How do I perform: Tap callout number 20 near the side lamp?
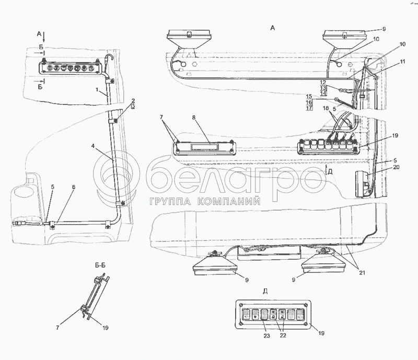pos(396,167)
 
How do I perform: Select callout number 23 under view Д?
pos(267,335)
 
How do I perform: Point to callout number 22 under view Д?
pos(283,335)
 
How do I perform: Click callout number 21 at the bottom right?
pos(362,273)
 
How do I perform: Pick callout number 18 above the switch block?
pos(326,108)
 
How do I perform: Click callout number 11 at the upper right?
pos(402,62)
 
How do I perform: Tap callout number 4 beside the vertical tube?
pos(93,146)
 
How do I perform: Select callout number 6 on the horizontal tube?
pos(74,187)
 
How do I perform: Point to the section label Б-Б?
pos(100,265)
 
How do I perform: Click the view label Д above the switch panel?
pos(265,291)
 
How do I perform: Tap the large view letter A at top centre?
pos(272,28)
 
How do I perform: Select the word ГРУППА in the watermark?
pos(170,201)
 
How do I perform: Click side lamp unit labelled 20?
pos(363,184)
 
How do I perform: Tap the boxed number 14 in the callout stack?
pos(323,94)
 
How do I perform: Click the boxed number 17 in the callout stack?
pos(309,108)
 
